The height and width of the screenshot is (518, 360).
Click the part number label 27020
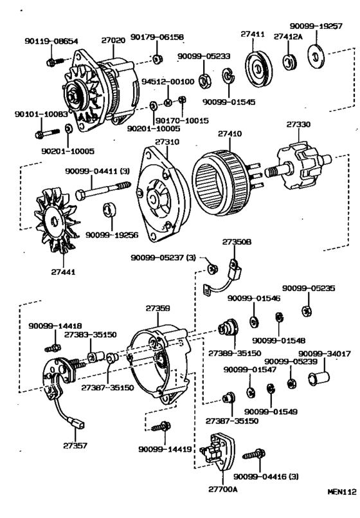tap(113, 40)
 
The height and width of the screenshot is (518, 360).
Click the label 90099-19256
tap(108, 235)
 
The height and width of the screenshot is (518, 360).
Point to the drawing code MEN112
tap(341, 508)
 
